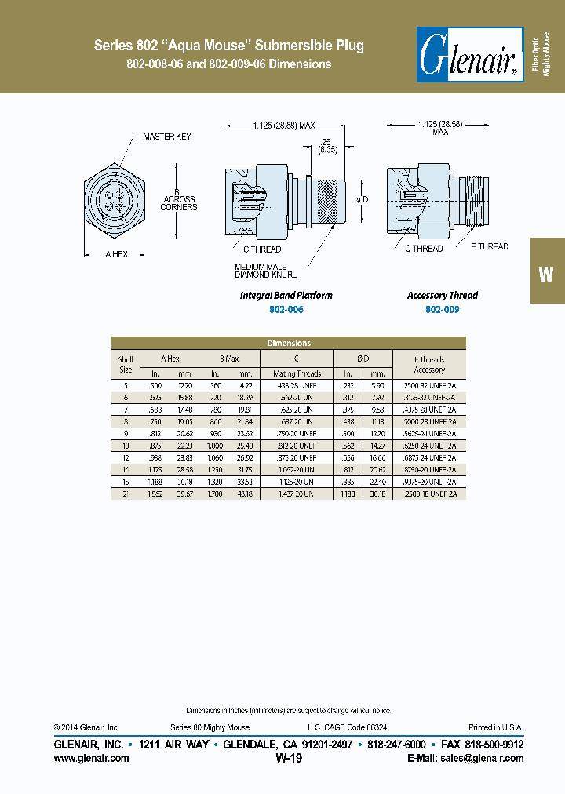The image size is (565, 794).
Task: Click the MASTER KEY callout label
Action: coord(166,137)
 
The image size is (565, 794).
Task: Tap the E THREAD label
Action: coord(490,246)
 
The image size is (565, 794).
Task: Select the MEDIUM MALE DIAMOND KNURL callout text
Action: coord(266,270)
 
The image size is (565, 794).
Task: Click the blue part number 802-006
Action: coord(286,310)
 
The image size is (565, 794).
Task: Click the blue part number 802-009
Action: coord(442,310)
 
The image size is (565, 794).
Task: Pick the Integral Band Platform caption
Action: coord(286,296)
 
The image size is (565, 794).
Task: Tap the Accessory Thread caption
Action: coord(442,296)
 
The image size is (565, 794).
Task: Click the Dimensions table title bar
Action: coord(289,343)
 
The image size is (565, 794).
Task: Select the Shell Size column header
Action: coord(126,364)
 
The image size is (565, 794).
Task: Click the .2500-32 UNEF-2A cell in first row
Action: coord(429,386)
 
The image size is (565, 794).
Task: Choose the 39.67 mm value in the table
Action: coord(185,494)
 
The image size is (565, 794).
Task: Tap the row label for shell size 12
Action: coord(126,457)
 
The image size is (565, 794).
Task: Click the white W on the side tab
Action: coord(546,273)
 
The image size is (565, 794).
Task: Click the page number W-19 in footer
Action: coord(289,759)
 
